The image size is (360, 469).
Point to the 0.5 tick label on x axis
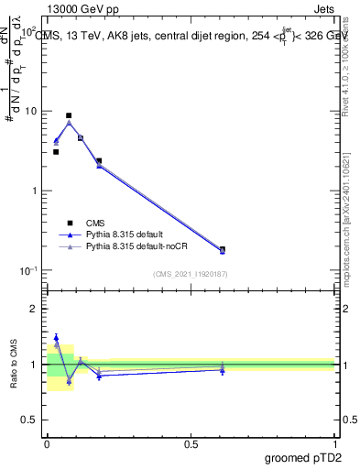[x=191, y=442]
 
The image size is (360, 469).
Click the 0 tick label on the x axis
[x=47, y=442]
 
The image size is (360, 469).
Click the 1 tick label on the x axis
[x=335, y=442]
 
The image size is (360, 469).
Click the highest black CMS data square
[x=69, y=115]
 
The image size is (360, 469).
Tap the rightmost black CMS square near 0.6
[x=223, y=249]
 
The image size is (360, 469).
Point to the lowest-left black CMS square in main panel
[x=56, y=152]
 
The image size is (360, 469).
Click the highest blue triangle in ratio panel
[x=56, y=338]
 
